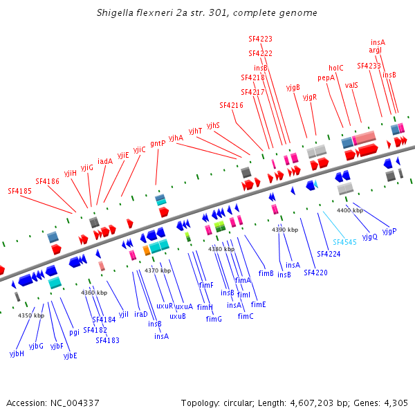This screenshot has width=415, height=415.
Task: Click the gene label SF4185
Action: pyautogui.click(x=20, y=190)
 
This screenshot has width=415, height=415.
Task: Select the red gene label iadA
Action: pyautogui.click(x=105, y=161)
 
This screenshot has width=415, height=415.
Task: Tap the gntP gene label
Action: pyautogui.click(x=158, y=143)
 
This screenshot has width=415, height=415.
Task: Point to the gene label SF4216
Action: pyautogui.click(x=231, y=105)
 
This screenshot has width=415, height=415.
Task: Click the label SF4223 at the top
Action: pyautogui.click(x=260, y=39)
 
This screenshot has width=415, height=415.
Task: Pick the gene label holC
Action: pyautogui.click(x=336, y=68)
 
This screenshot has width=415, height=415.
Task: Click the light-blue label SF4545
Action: pyautogui.click(x=344, y=242)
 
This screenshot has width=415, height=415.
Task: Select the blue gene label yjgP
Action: pyautogui.click(x=389, y=230)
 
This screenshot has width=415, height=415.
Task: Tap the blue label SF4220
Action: pyautogui.click(x=315, y=273)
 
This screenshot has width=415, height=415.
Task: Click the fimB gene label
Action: pyautogui.click(x=266, y=273)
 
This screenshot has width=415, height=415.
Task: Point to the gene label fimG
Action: pyautogui.click(x=214, y=319)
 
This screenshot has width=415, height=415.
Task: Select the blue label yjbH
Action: pyautogui.click(x=17, y=353)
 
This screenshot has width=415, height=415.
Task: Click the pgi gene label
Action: pyautogui.click(x=74, y=332)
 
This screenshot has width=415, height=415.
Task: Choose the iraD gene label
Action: pyautogui.click(x=141, y=313)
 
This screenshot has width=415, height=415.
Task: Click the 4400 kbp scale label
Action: pyautogui.click(x=350, y=210)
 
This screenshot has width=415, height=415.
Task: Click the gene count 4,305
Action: pyautogui.click(x=394, y=403)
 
